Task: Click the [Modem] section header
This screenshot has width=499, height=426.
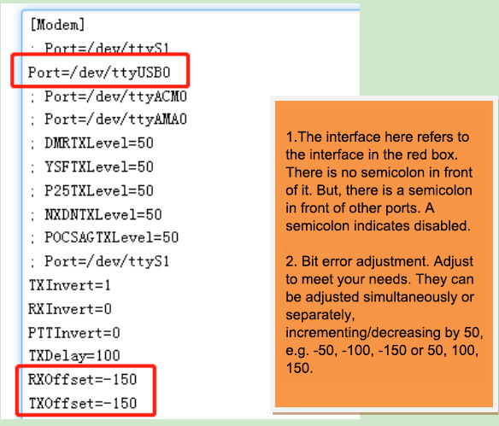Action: point(57,25)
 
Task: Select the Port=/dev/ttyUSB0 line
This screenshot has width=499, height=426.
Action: point(99,73)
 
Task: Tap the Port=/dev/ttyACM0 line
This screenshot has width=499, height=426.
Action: point(115,96)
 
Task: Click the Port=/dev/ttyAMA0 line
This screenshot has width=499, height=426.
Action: point(115,120)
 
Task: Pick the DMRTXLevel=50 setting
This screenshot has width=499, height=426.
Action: point(99,143)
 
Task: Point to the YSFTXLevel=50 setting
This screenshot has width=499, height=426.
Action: point(99,167)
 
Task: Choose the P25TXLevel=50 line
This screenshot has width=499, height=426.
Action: point(99,190)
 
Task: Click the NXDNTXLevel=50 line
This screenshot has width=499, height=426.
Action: point(103,214)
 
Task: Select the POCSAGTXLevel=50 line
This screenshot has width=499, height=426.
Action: point(111,237)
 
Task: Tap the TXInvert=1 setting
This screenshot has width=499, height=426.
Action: point(69,285)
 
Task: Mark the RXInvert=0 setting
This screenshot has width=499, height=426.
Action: point(70,309)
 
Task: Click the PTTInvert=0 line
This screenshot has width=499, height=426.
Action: point(73,333)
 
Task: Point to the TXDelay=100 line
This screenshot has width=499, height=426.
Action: point(74,356)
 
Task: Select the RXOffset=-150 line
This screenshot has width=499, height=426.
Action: point(82,379)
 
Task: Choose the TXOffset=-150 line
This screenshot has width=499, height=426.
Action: point(83,403)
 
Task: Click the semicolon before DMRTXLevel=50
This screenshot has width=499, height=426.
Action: point(32,144)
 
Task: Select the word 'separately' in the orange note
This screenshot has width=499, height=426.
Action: point(320,315)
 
